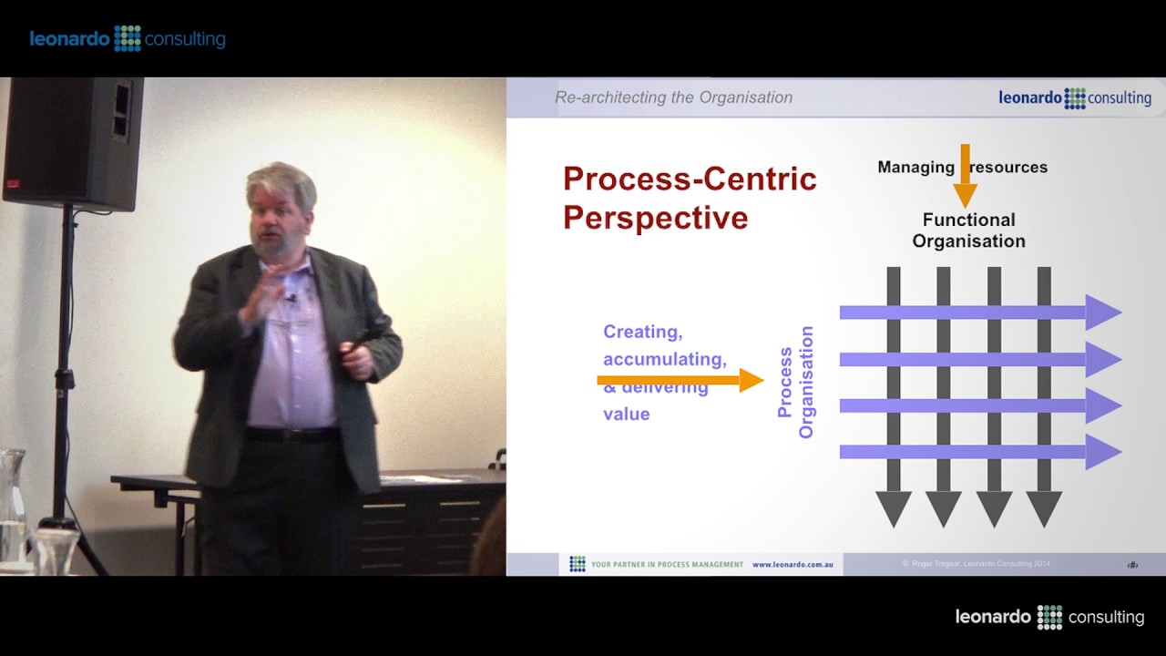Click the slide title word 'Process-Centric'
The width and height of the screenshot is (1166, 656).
tap(689, 179)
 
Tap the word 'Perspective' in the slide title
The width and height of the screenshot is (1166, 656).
tap(655, 219)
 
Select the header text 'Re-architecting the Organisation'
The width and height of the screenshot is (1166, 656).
tap(673, 97)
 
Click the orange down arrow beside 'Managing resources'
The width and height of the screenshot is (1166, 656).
tap(965, 179)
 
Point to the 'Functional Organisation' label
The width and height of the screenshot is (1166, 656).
tap(968, 231)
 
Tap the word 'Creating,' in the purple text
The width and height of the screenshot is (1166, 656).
tap(642, 332)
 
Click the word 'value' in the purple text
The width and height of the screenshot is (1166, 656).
tap(626, 414)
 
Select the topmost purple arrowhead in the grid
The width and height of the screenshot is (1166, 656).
tap(1102, 313)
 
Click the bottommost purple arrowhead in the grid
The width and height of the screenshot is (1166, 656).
tap(1102, 452)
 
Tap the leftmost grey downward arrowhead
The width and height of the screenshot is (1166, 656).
tap(894, 508)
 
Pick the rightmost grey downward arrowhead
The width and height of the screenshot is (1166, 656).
tap(1044, 508)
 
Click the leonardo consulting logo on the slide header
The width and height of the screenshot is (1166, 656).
tap(1074, 98)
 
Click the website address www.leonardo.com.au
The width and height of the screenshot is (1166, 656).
tap(792, 565)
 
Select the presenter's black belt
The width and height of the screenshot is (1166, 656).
tap(291, 435)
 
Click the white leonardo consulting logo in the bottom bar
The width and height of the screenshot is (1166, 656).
tap(1049, 617)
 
